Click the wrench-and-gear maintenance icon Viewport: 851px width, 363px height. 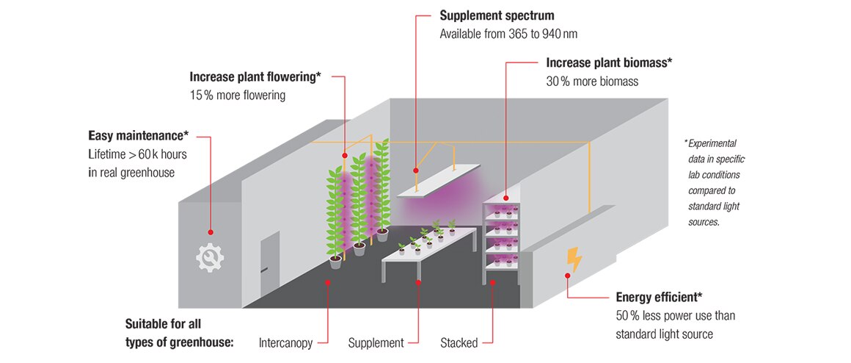tap(210, 257)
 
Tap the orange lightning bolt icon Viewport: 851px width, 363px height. tap(574, 260)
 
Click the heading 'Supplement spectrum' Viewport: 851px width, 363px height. tap(497, 15)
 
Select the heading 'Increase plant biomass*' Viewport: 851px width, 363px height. tap(609, 63)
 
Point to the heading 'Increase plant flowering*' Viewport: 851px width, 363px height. tap(255, 76)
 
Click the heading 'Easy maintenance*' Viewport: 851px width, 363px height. tap(139, 135)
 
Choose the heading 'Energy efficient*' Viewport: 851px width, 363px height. tap(659, 297)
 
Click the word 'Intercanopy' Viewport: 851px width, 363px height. tap(286, 342)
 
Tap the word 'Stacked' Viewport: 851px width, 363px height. tap(459, 342)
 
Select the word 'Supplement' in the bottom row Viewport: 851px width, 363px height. tap(376, 342)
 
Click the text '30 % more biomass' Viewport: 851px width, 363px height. tap(592, 82)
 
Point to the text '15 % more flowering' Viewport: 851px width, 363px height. tap(238, 95)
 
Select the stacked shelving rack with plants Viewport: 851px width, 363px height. tap(502, 239)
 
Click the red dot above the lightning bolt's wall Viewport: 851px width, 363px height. tap(566, 276)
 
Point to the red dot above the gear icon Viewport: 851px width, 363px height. tap(211, 231)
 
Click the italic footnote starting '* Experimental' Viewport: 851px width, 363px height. tap(712, 181)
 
